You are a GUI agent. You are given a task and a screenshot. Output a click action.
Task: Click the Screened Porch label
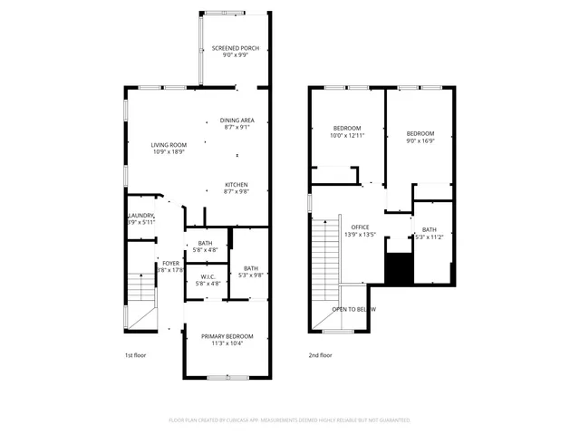[235, 48]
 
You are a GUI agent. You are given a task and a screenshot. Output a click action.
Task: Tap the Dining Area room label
[237, 121]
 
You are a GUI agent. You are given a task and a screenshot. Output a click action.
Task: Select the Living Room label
[169, 145]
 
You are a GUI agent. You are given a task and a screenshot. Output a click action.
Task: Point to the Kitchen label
[237, 185]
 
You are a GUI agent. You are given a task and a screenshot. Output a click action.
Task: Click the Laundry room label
[140, 215]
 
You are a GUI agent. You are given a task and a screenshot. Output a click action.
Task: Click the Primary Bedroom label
[227, 336]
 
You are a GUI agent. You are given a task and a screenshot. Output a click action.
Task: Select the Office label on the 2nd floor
[361, 227]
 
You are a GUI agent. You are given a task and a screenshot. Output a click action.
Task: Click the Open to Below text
[353, 309]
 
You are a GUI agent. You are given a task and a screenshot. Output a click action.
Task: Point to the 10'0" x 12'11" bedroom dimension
[347, 135]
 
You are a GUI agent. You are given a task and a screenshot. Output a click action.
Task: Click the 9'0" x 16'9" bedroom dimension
[420, 140]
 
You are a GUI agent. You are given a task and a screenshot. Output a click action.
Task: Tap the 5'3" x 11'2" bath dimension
[430, 237]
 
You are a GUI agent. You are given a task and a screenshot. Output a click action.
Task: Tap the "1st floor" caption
[134, 355]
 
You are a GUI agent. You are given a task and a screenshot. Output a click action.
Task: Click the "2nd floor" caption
[320, 355]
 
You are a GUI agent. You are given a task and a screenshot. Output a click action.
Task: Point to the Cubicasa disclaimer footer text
[290, 420]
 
